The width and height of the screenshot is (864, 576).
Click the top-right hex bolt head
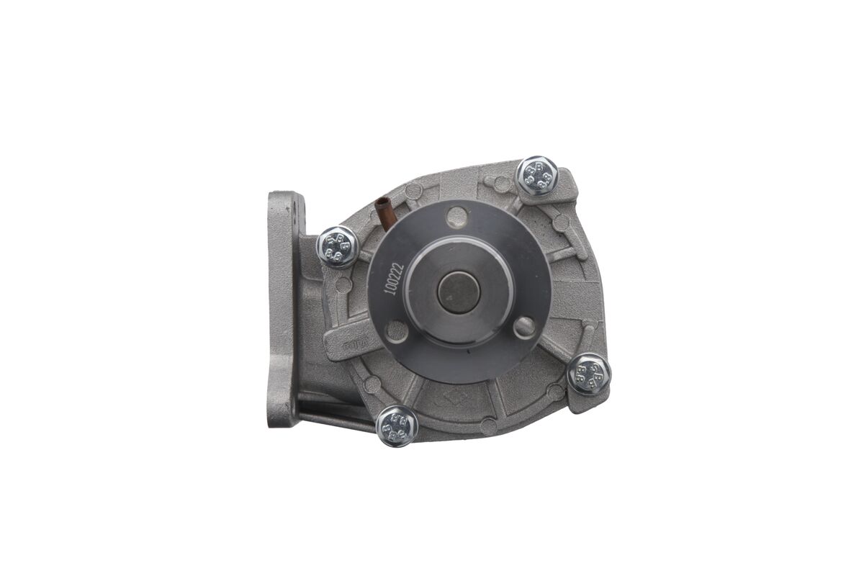click(x=538, y=175)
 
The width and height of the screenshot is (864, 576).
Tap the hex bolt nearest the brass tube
click(x=337, y=246)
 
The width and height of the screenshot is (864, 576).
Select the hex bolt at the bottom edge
click(x=397, y=426)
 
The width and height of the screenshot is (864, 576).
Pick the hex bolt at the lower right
click(x=589, y=374)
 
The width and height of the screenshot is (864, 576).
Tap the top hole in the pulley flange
click(x=456, y=216)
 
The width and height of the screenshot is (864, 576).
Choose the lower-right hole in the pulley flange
click(x=525, y=328)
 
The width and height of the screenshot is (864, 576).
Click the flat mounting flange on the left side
click(x=283, y=310)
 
